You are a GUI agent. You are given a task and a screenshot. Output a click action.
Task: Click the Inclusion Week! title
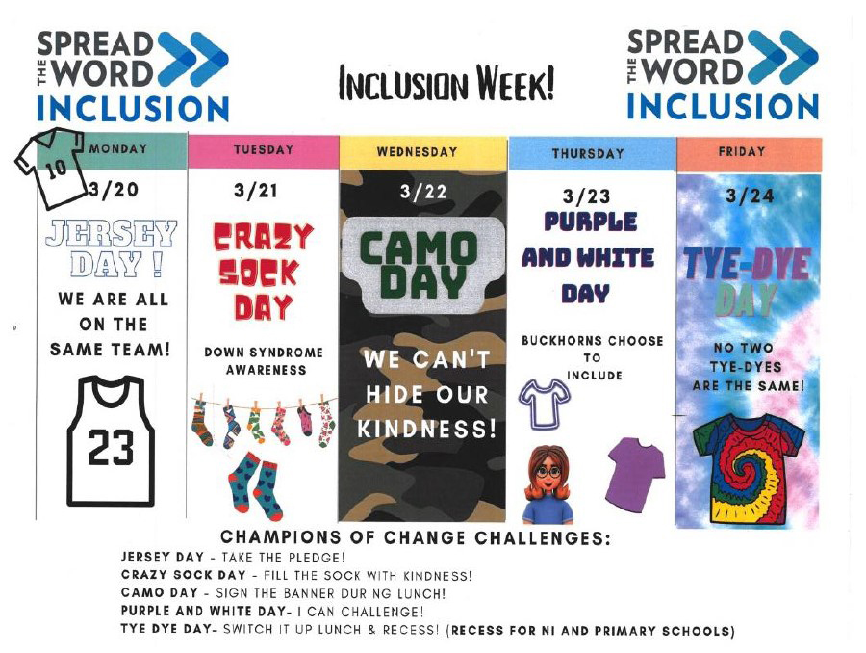446,84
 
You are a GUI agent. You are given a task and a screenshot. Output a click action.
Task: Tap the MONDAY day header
118,148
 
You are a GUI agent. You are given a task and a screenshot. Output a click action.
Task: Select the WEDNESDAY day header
417,151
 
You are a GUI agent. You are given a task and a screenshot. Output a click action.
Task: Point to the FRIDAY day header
742,151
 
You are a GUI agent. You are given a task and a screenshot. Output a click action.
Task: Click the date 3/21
255,191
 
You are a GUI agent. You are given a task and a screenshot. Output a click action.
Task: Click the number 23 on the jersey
111,447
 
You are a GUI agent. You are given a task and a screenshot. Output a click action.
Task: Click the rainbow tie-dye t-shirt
749,469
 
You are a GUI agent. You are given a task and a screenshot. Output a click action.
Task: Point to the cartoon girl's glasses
548,472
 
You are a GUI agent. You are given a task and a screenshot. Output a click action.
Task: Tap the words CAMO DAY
420,264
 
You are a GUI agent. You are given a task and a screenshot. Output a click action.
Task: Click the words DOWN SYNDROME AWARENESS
264,360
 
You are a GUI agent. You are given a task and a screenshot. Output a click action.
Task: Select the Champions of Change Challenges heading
416,537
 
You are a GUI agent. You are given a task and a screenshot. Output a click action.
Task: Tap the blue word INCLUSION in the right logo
723,106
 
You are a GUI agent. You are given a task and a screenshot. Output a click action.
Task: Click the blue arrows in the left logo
192,59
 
